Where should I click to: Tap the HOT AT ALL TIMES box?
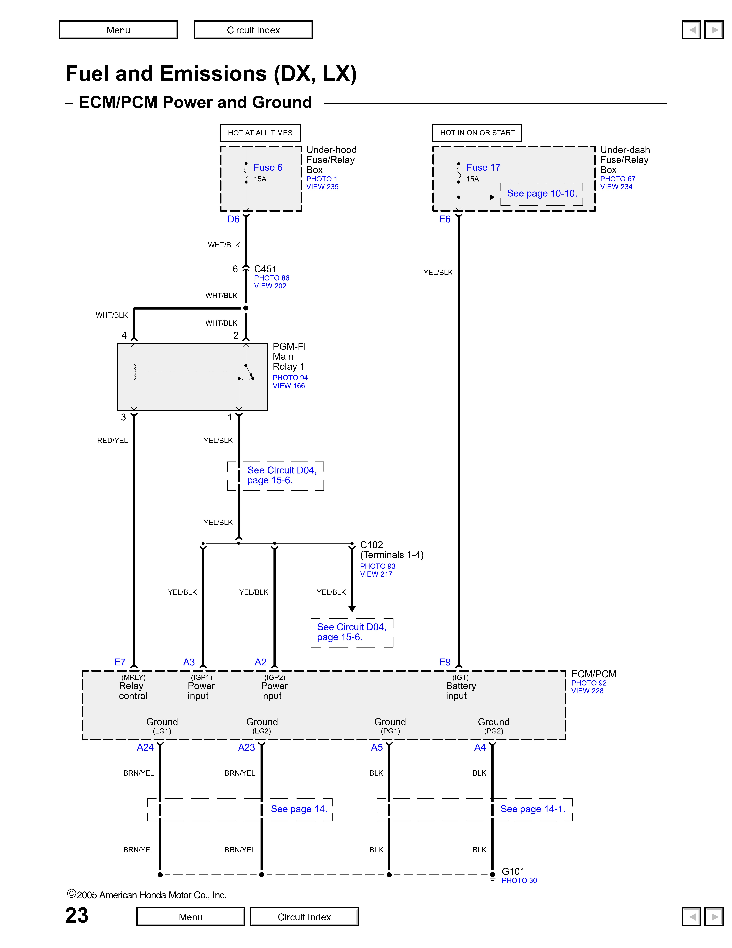tap(260, 133)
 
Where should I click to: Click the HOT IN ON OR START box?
tap(477, 133)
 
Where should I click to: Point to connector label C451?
tap(265, 269)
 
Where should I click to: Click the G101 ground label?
tap(513, 872)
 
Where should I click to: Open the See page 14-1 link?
tap(532, 809)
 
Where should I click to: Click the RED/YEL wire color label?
tap(112, 441)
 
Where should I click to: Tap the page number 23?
tap(77, 916)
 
